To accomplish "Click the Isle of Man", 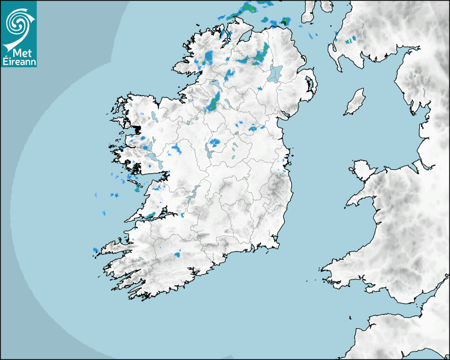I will coord(355,102).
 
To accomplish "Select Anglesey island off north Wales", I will coord(360,170).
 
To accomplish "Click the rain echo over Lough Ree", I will coord(214,142).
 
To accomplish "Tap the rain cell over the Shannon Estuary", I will coord(151,215).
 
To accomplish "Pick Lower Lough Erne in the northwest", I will coord(214,85).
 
